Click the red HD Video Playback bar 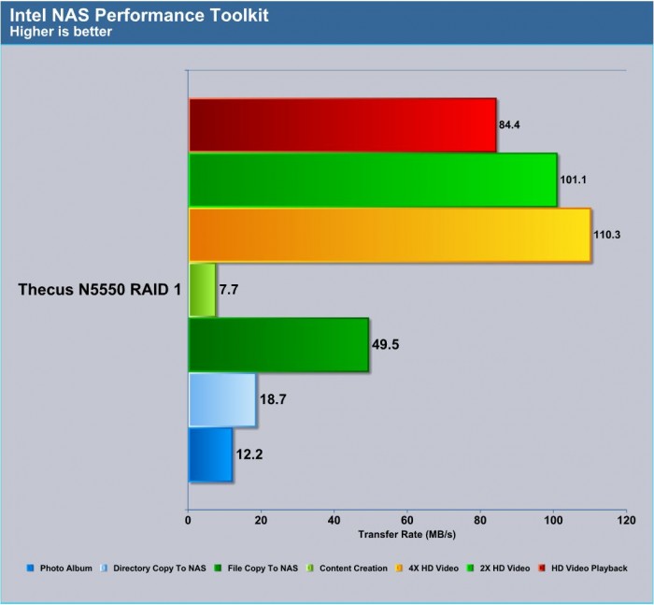pos(343,125)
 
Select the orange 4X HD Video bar pos(390,235)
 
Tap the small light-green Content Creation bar pos(203,290)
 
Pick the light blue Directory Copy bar pos(222,400)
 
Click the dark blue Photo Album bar pos(210,454)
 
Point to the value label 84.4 pos(509,125)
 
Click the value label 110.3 pos(607,235)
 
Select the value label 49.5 pos(385,344)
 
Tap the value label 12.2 pos(249,454)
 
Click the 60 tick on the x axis pos(407,520)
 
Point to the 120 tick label pos(627,520)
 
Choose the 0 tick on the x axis pos(188,520)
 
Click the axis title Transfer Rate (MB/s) pos(407,535)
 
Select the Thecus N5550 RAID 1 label pos(100,289)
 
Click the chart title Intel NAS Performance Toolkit pos(139,16)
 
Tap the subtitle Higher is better pos(61,32)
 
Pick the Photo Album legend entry pos(59,569)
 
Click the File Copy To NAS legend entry pos(256,569)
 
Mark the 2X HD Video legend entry pos(498,569)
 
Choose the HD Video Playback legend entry pos(583,569)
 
